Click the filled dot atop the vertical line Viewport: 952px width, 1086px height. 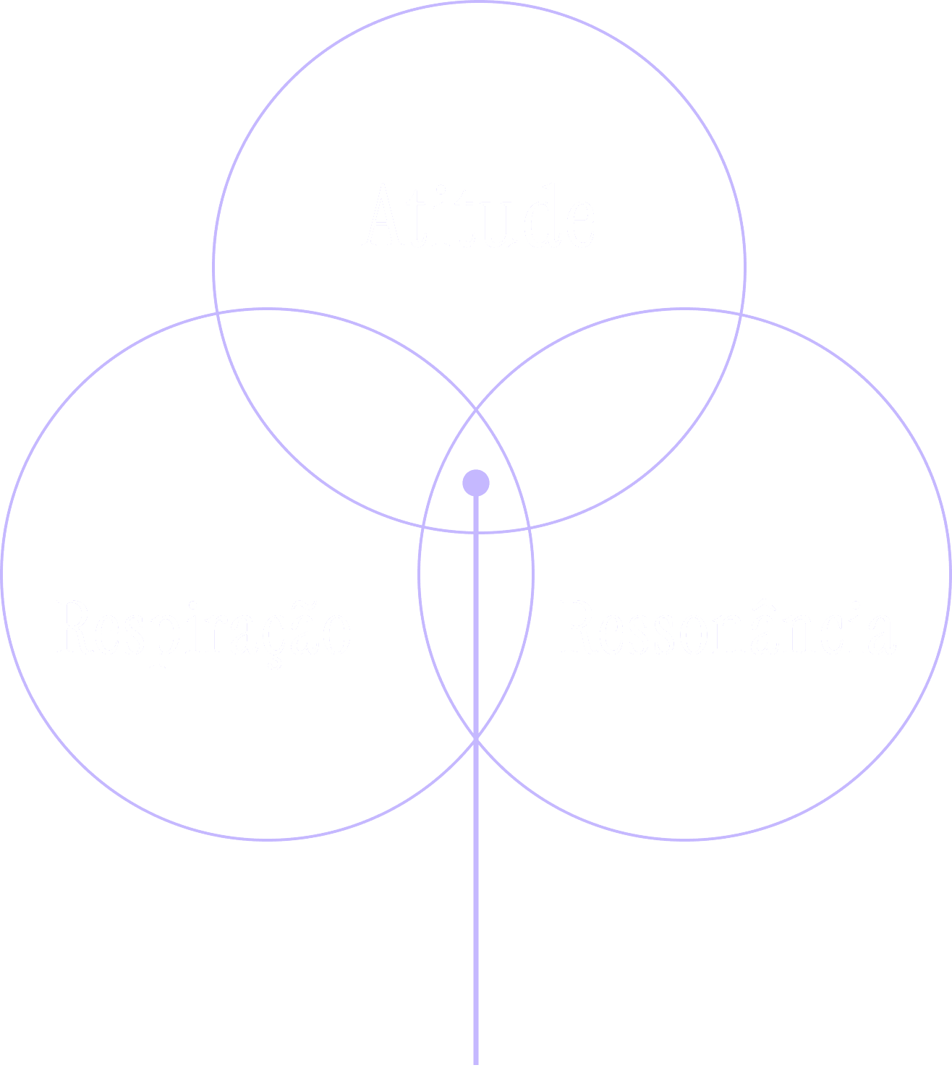coord(476,482)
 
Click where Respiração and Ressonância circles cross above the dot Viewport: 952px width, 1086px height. coord(476,411)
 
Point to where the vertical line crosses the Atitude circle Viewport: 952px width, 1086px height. coord(476,532)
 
